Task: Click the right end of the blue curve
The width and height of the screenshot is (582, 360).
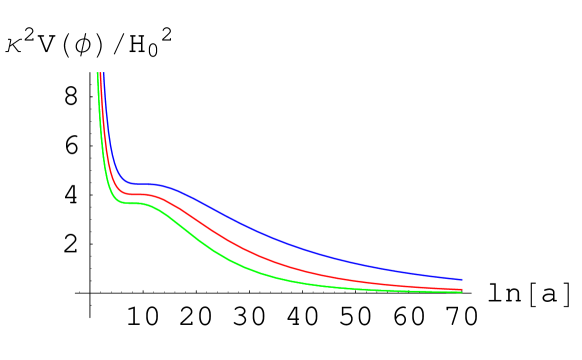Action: (x=462, y=280)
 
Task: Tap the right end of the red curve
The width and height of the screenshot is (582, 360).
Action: (x=462, y=290)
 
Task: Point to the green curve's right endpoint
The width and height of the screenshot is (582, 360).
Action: (x=462, y=292)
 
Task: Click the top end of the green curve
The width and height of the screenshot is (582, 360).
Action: (x=97, y=73)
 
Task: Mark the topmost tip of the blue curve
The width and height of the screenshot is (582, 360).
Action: (x=104, y=73)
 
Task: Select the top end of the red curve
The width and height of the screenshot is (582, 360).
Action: (x=101, y=73)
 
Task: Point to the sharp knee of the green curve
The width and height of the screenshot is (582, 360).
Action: (x=111, y=196)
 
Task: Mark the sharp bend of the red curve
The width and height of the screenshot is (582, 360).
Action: (x=115, y=186)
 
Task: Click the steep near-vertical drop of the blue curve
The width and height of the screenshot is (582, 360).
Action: (x=107, y=120)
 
